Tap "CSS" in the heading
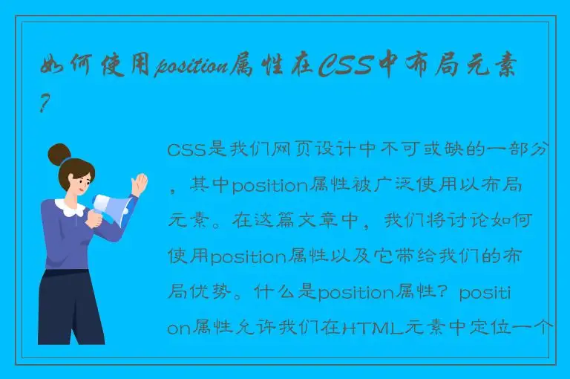[x=347, y=67]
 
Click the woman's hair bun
[x=59, y=155]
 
